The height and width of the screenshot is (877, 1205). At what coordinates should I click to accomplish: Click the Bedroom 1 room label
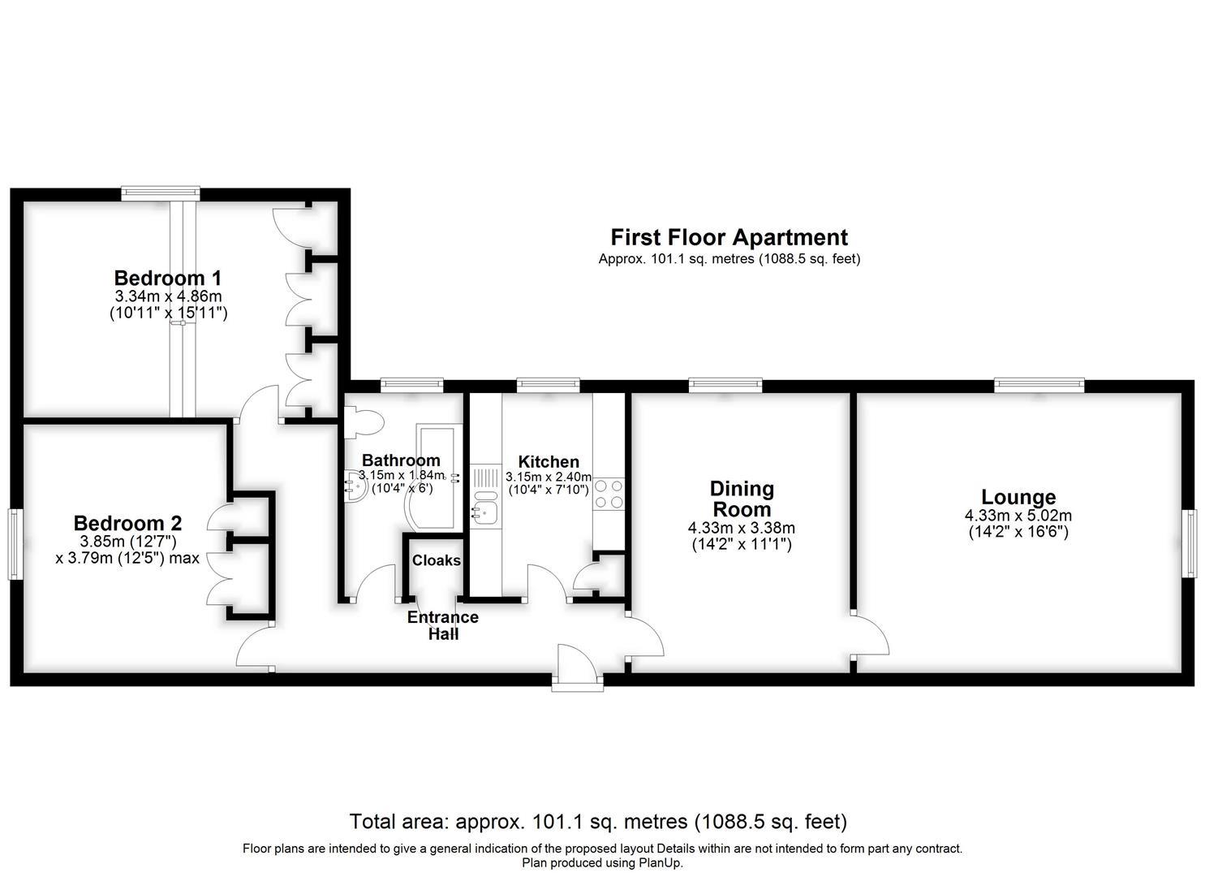(x=168, y=279)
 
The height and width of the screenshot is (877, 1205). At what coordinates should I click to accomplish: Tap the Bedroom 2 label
(x=127, y=523)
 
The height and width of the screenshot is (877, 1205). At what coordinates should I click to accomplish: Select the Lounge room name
(x=1018, y=496)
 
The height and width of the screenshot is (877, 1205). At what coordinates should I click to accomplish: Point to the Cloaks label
(x=437, y=560)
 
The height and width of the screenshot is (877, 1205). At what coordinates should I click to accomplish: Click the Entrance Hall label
(x=443, y=625)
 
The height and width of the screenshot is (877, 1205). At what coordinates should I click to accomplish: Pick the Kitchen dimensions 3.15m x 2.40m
(x=549, y=477)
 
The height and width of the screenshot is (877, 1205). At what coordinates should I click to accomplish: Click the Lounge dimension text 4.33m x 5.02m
(x=1018, y=516)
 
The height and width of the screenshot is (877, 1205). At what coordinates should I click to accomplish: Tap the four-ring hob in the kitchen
(x=609, y=495)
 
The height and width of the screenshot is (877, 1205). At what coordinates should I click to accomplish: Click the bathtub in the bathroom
(x=435, y=475)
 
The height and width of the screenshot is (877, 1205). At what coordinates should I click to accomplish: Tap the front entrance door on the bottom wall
(x=577, y=665)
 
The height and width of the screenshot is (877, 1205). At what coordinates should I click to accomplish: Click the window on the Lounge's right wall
(x=1193, y=543)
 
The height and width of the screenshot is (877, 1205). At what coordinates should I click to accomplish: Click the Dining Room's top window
(x=725, y=384)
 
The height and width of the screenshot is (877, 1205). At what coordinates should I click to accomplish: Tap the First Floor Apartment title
(x=729, y=237)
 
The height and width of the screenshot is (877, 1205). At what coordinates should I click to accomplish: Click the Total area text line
(x=598, y=822)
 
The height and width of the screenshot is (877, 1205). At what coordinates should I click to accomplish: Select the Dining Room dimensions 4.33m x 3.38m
(x=742, y=529)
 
